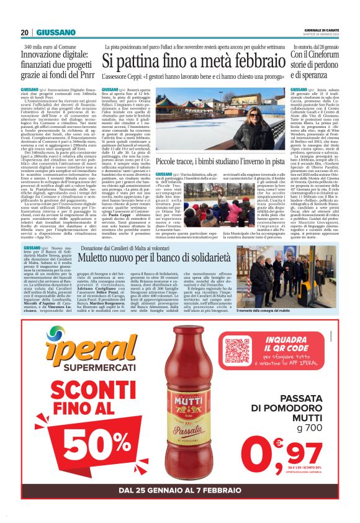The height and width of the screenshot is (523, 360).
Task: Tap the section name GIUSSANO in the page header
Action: [56, 32]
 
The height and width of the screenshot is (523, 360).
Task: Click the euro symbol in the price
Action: [279, 443]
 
